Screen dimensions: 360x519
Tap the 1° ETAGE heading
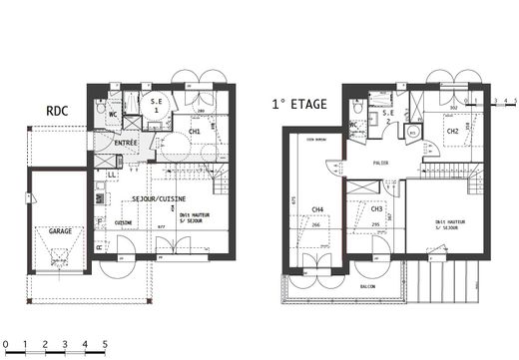coord(302,102)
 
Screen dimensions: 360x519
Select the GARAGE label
coord(59,230)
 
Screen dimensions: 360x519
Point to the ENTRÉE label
coord(126,143)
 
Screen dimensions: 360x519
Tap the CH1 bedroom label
coord(195,131)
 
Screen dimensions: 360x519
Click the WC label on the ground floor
coord(112,114)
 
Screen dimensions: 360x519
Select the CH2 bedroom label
coord(452,131)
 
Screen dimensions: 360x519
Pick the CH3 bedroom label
coord(376,208)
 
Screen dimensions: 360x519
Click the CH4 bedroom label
coord(317,208)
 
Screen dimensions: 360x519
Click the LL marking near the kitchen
coord(112,174)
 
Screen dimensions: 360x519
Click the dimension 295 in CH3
coord(376,225)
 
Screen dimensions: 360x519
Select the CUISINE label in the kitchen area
coord(124,222)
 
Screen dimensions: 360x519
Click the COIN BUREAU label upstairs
coord(316,139)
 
